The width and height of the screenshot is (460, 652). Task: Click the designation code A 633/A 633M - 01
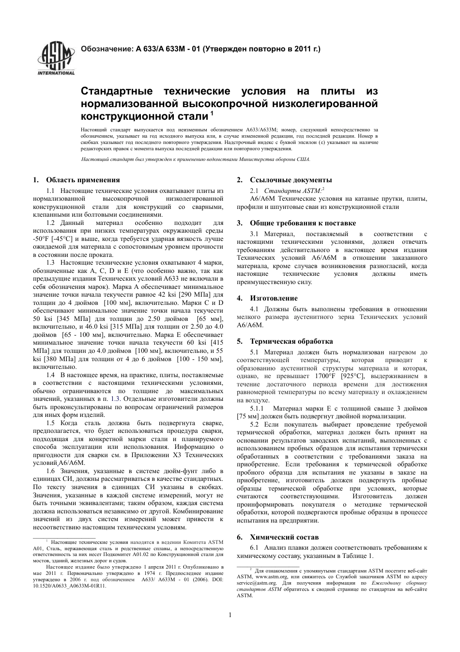[166, 49]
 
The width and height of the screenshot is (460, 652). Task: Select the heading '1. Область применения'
[77, 180]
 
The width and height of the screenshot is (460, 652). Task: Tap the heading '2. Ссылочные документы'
[284, 180]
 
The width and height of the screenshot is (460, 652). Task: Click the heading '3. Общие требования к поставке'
[296, 223]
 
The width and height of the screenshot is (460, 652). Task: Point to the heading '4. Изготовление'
[267, 298]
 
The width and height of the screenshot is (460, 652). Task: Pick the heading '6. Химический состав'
[278, 537]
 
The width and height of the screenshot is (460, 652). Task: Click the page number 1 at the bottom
[230, 615]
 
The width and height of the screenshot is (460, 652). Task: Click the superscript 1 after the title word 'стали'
[212, 114]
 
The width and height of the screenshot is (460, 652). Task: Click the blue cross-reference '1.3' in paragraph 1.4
[115, 399]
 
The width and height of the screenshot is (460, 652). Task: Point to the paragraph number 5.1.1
[258, 409]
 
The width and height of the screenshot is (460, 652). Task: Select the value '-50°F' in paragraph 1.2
[40, 239]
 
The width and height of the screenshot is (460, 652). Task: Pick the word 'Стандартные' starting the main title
[116, 92]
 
